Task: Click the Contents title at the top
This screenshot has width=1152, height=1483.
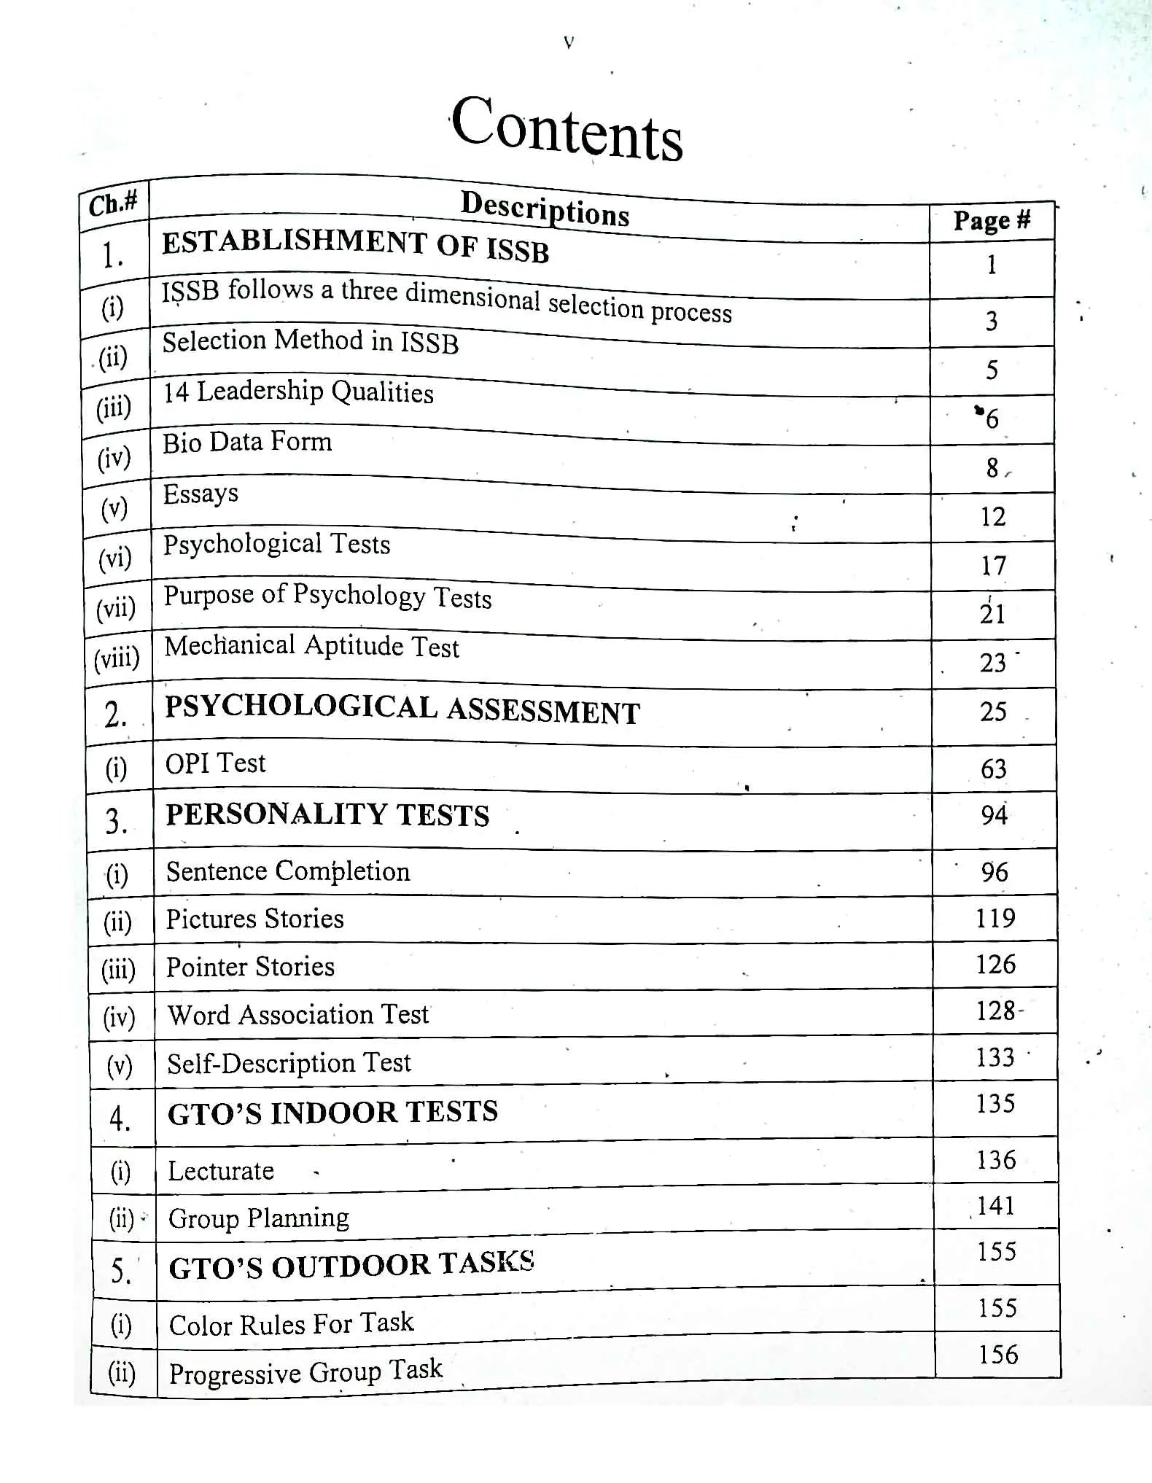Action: [567, 128]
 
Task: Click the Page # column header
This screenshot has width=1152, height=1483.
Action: [992, 220]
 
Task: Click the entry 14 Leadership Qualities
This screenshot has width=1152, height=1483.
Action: [297, 392]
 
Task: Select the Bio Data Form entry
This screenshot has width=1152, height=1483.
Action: [247, 442]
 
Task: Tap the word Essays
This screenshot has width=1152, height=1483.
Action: [201, 494]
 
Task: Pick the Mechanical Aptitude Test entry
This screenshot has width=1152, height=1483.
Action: [311, 646]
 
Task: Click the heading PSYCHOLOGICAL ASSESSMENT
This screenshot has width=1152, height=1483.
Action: [402, 709]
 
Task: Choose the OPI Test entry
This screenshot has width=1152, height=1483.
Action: [215, 763]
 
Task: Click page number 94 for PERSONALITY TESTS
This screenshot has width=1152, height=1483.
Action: [994, 815]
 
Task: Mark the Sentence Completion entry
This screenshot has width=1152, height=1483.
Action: [288, 871]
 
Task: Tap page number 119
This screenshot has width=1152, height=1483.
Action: [995, 919]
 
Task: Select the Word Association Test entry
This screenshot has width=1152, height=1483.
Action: [298, 1014]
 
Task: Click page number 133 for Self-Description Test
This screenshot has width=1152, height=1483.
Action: [995, 1057]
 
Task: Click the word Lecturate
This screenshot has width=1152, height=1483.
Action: [221, 1171]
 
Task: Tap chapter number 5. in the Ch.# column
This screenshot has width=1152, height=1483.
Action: [120, 1271]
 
